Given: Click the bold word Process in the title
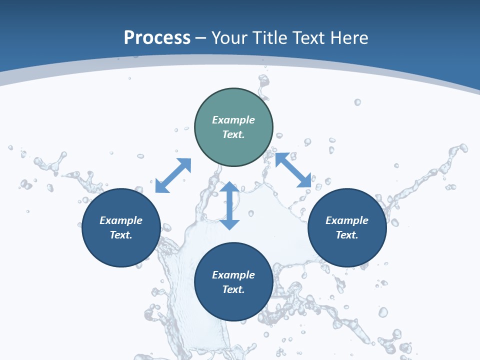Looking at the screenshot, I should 157,38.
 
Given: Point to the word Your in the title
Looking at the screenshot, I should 228,38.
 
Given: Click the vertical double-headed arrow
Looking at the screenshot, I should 229,205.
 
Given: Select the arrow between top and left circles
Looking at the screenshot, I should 173,175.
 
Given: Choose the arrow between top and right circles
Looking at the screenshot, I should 293,170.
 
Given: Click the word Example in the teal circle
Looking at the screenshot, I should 233,120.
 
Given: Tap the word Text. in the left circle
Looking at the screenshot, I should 121,235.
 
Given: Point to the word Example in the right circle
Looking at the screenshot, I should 347,220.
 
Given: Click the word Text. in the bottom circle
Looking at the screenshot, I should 233,289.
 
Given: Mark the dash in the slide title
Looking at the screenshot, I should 201,38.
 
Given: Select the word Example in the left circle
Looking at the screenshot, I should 121,220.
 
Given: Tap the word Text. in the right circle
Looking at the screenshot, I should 347,235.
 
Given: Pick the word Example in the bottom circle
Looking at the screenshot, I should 233,275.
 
